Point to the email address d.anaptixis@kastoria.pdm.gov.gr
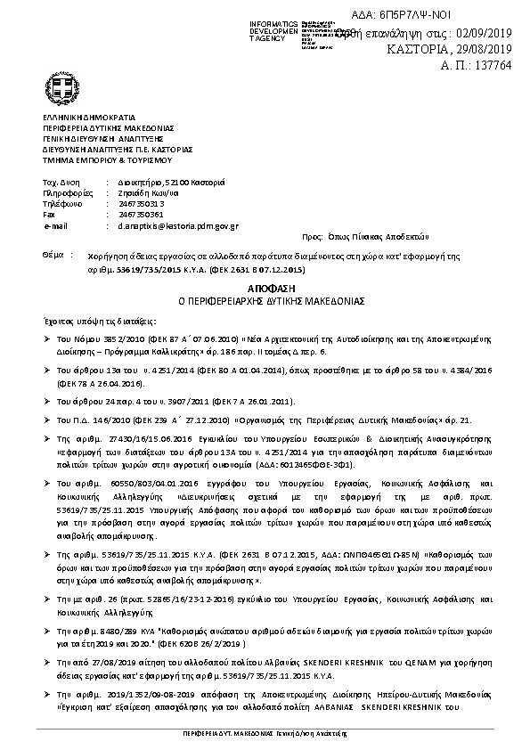[x=166, y=227]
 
